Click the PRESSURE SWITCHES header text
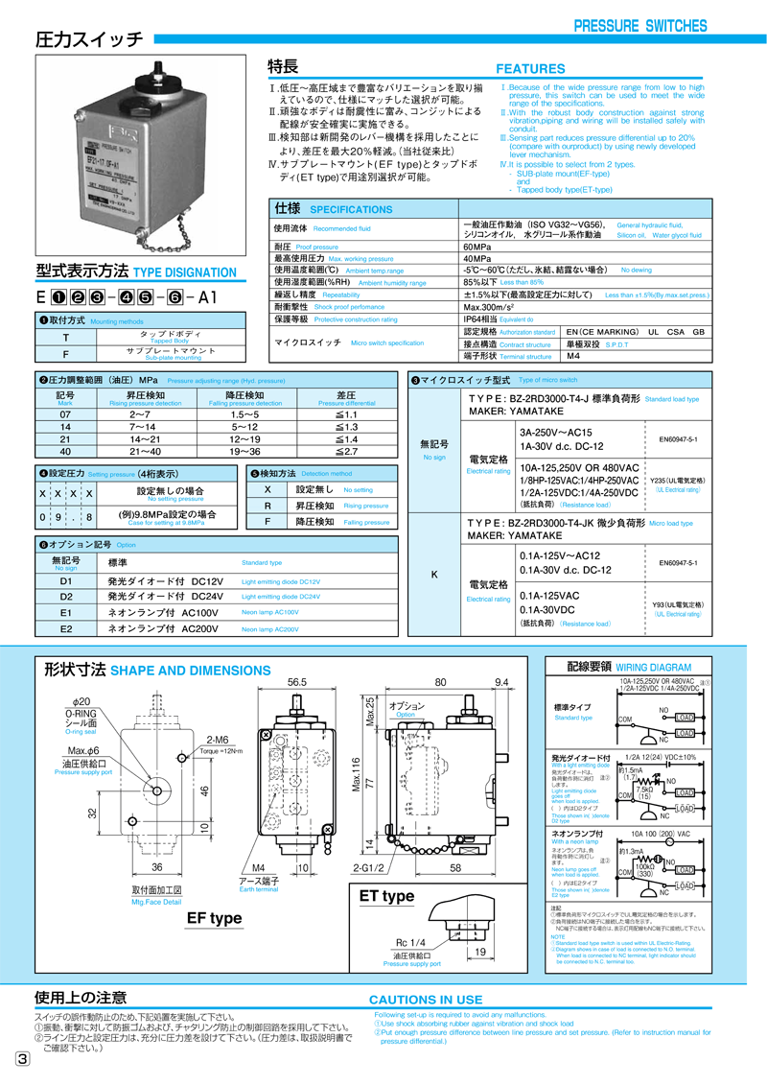pyautogui.click(x=639, y=26)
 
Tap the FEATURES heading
pyautogui.click(x=530, y=69)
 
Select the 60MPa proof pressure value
pyautogui.click(x=480, y=247)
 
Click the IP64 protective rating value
pyautogui.click(x=483, y=318)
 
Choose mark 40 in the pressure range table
pyautogui.click(x=65, y=451)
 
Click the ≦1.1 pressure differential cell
pyautogui.click(x=346, y=414)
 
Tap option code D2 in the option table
pyautogui.click(x=66, y=596)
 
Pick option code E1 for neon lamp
pyautogui.click(x=66, y=612)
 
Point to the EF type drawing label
pyautogui.click(x=214, y=918)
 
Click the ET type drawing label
pyautogui.click(x=385, y=896)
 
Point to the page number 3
pyautogui.click(x=22, y=1059)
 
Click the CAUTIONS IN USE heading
pyautogui.click(x=426, y=1000)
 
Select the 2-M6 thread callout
pyautogui.click(x=217, y=739)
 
